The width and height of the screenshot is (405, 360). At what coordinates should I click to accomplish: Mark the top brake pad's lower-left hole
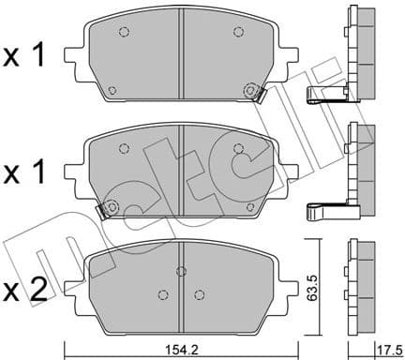[x=112, y=91]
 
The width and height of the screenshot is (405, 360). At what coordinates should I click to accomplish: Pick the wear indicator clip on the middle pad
[x=109, y=208]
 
